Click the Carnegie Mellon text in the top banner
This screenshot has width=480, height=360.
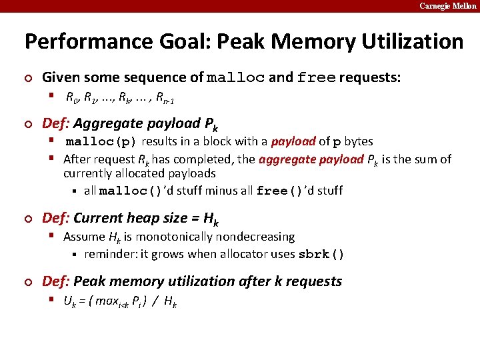pyautogui.click(x=447, y=6)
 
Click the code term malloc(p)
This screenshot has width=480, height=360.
pyautogui.click(x=101, y=142)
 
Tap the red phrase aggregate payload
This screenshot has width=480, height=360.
pyautogui.click(x=311, y=159)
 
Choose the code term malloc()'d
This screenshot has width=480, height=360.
pyautogui.click(x=135, y=191)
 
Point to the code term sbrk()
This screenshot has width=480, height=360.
pyautogui.click(x=321, y=254)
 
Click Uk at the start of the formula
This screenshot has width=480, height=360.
pyautogui.click(x=69, y=301)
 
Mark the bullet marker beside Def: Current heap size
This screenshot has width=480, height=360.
pyautogui.click(x=28, y=219)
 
